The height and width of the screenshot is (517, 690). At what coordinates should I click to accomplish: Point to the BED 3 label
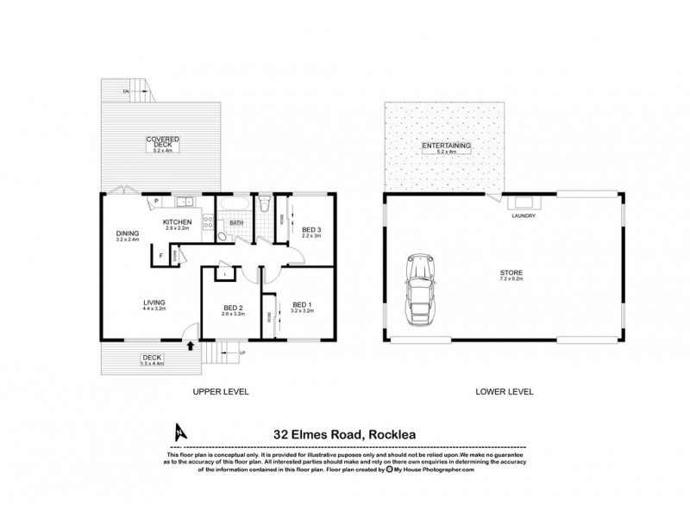[x=310, y=230]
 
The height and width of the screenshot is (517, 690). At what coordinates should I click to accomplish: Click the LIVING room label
[x=154, y=302]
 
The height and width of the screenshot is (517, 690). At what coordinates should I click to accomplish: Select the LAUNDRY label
[x=524, y=216]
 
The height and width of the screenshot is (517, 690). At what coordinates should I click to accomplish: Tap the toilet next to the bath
[x=266, y=205]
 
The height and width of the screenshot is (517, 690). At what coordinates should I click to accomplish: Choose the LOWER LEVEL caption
[x=505, y=391]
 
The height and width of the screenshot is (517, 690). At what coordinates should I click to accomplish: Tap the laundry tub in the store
[x=524, y=203]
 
